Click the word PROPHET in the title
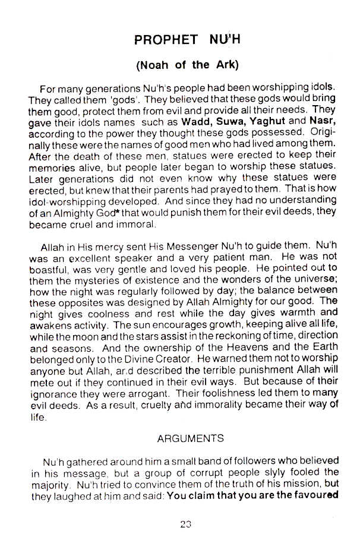(x=166, y=40)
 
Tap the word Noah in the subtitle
(x=155, y=65)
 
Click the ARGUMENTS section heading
(x=190, y=439)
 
